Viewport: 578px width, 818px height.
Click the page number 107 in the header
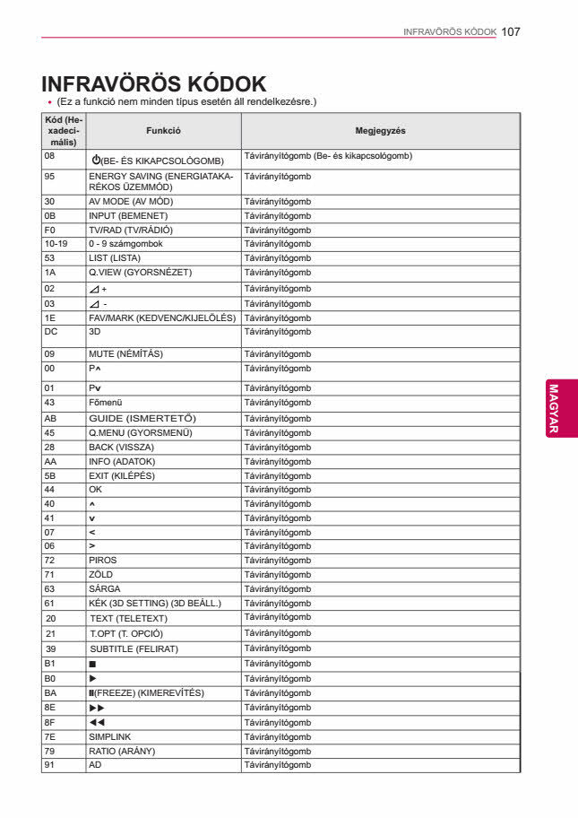(x=512, y=30)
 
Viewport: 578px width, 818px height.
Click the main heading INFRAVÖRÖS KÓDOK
(x=153, y=83)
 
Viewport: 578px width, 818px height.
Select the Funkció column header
(x=163, y=131)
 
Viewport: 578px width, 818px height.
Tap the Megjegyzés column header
(x=380, y=131)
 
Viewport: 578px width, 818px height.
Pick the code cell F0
(x=50, y=230)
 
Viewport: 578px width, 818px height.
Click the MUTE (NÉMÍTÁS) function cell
(x=125, y=354)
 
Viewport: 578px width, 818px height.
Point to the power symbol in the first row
(x=96, y=160)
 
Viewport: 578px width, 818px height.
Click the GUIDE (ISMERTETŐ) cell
(x=142, y=419)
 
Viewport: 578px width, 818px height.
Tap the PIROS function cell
(x=102, y=561)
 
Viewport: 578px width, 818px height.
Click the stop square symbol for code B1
(x=92, y=665)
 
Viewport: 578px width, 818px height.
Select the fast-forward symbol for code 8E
(x=96, y=708)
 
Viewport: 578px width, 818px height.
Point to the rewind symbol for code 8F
(x=96, y=722)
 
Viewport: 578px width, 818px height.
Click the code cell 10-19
(x=56, y=244)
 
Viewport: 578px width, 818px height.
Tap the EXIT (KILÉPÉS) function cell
(x=121, y=475)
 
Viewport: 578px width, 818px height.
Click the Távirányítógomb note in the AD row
(x=277, y=765)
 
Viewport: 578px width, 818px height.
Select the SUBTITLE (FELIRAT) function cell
(x=134, y=648)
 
